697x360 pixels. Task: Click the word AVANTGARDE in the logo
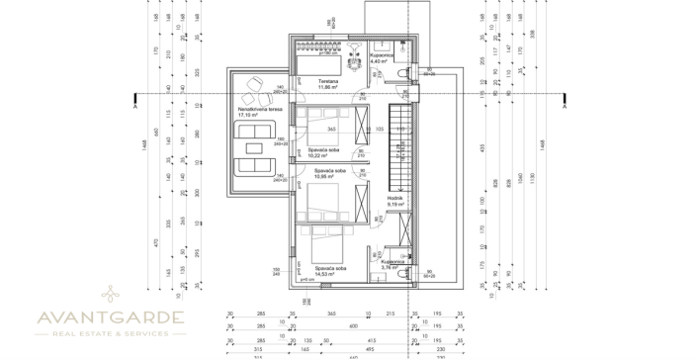point(109,317)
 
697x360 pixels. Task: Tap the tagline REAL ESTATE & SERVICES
point(109,334)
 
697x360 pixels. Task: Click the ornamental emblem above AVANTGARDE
point(109,294)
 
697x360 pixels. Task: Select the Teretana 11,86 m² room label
point(328,84)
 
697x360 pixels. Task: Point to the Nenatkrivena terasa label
point(253,113)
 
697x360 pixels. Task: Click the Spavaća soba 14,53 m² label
point(330,270)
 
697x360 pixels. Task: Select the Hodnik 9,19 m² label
point(396,201)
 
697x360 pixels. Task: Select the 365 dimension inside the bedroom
point(332,130)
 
